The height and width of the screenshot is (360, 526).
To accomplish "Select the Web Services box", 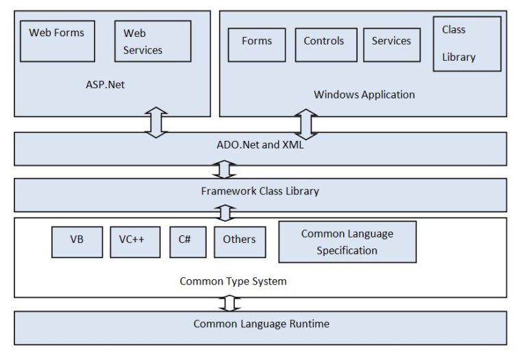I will point(152,41).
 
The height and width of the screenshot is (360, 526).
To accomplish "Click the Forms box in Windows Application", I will point(256,45).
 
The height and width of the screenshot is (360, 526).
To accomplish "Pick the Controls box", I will point(325,45).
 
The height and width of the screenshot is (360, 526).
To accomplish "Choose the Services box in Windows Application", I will point(390,45).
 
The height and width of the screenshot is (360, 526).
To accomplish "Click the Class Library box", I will point(466,44).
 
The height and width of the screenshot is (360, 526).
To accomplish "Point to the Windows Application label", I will point(364,94).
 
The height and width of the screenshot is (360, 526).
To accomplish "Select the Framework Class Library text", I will point(260,191).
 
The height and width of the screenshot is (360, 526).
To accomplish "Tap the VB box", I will point(77,242).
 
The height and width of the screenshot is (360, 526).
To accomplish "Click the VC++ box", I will point(135,242).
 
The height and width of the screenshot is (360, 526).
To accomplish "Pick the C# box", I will point(187,242).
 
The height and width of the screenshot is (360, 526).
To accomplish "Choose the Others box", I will point(239,242).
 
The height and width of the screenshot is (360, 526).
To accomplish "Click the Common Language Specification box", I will point(347,242).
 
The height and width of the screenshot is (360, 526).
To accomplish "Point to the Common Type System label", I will point(233,281).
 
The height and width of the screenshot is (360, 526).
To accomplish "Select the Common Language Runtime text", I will point(261,324).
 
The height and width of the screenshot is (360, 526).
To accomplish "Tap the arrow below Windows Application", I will point(306,124).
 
